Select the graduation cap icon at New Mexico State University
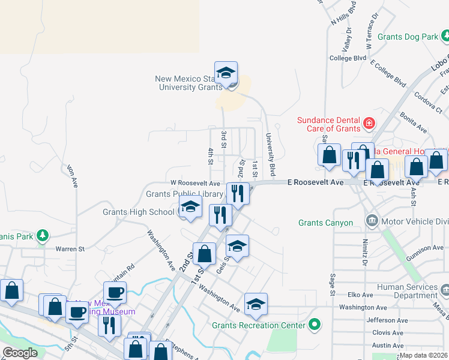point(226,73)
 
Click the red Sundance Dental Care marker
point(369,124)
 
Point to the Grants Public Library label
point(184,194)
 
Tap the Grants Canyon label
point(326,223)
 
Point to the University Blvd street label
point(271,155)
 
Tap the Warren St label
point(70,248)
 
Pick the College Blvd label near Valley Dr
point(348,58)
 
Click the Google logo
point(20,353)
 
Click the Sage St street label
point(332,284)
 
